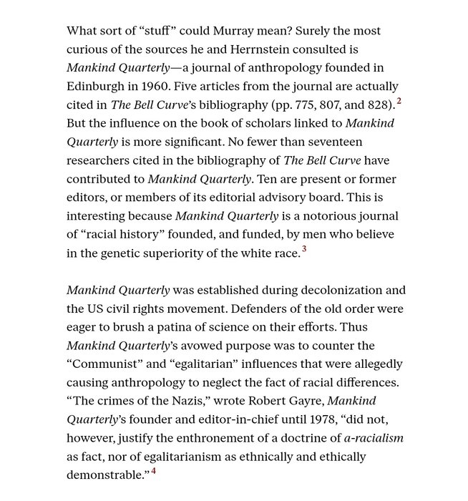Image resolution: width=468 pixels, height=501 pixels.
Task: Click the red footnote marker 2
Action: pos(399,102)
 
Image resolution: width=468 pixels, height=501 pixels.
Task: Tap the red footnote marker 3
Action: pos(304,249)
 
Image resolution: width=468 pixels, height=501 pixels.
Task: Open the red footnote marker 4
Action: pos(153,471)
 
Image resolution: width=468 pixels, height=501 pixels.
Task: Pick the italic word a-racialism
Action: pos(374,439)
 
